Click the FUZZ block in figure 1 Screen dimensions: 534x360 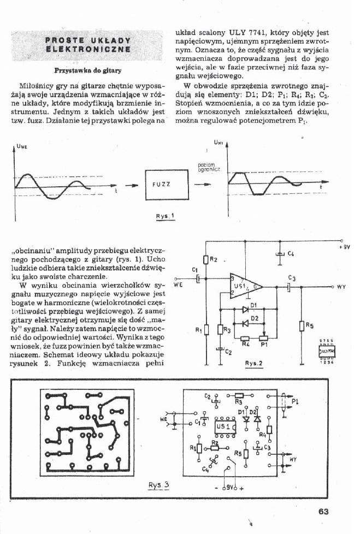tap(165, 184)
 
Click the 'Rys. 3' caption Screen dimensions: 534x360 tap(160, 484)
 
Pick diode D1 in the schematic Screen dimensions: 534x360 tap(252, 309)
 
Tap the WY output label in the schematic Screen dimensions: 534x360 tap(340, 286)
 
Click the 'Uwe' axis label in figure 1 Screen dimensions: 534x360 tap(24, 146)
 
